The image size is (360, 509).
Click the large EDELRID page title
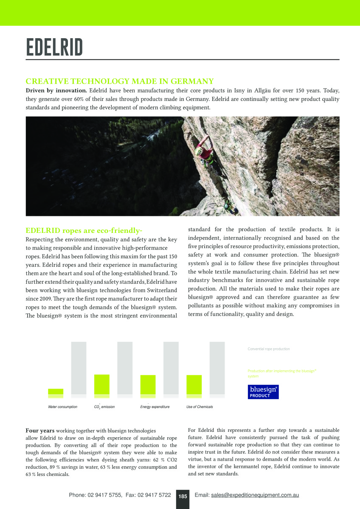54,48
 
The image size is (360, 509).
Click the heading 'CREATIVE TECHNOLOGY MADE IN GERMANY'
119,81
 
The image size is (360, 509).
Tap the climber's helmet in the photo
198,150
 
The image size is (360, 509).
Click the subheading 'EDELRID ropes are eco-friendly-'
84,231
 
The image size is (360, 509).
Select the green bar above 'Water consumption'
56,392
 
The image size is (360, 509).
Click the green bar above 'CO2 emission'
102,385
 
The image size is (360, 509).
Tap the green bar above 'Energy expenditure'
148,385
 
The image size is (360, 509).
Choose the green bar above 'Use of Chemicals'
194,385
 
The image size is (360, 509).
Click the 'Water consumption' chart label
62,407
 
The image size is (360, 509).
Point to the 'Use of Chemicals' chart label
200,407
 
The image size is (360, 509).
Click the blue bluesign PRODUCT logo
263,392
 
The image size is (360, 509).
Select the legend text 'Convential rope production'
269,349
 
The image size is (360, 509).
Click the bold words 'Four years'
40,431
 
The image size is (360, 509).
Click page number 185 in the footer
183,496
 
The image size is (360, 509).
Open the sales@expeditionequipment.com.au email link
255,495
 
